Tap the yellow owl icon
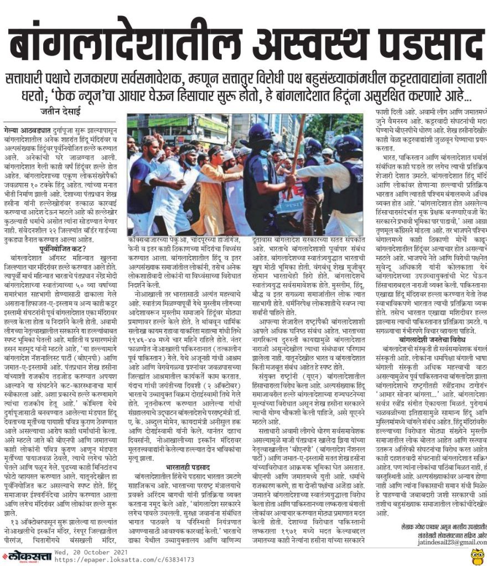(477, 555)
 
